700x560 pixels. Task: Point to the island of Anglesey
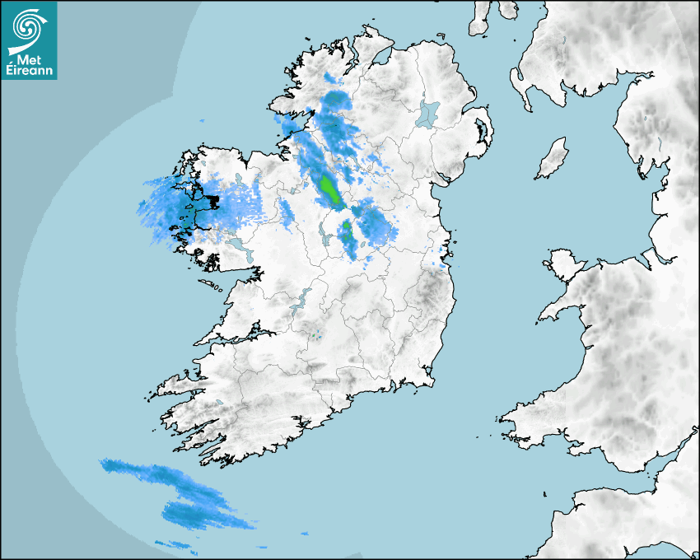tap(564, 261)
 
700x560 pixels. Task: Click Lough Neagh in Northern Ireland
tap(428, 113)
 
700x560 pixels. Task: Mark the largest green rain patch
tap(329, 189)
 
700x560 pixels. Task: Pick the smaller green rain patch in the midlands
tap(348, 231)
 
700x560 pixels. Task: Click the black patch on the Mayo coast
tap(212, 200)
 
